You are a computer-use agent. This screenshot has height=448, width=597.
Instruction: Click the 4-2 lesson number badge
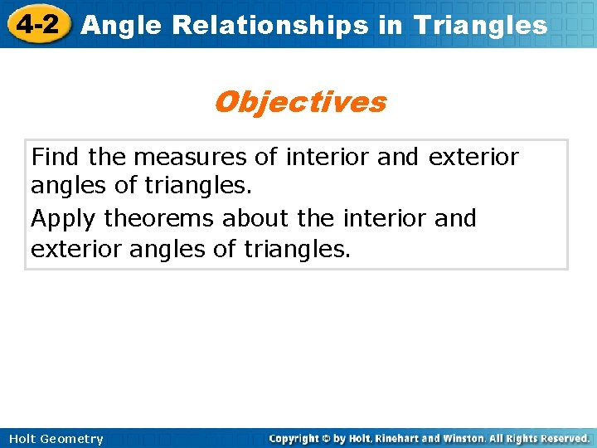click(36, 24)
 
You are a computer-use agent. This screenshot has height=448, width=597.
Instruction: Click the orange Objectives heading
click(299, 102)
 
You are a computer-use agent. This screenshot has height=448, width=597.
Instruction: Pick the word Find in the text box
click(56, 157)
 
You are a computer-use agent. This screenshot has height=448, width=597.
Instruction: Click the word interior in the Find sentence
click(329, 157)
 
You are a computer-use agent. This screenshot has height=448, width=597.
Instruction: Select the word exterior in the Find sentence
click(473, 157)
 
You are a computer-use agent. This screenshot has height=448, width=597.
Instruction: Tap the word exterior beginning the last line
click(76, 250)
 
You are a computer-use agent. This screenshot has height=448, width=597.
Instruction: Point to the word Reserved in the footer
click(562, 438)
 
